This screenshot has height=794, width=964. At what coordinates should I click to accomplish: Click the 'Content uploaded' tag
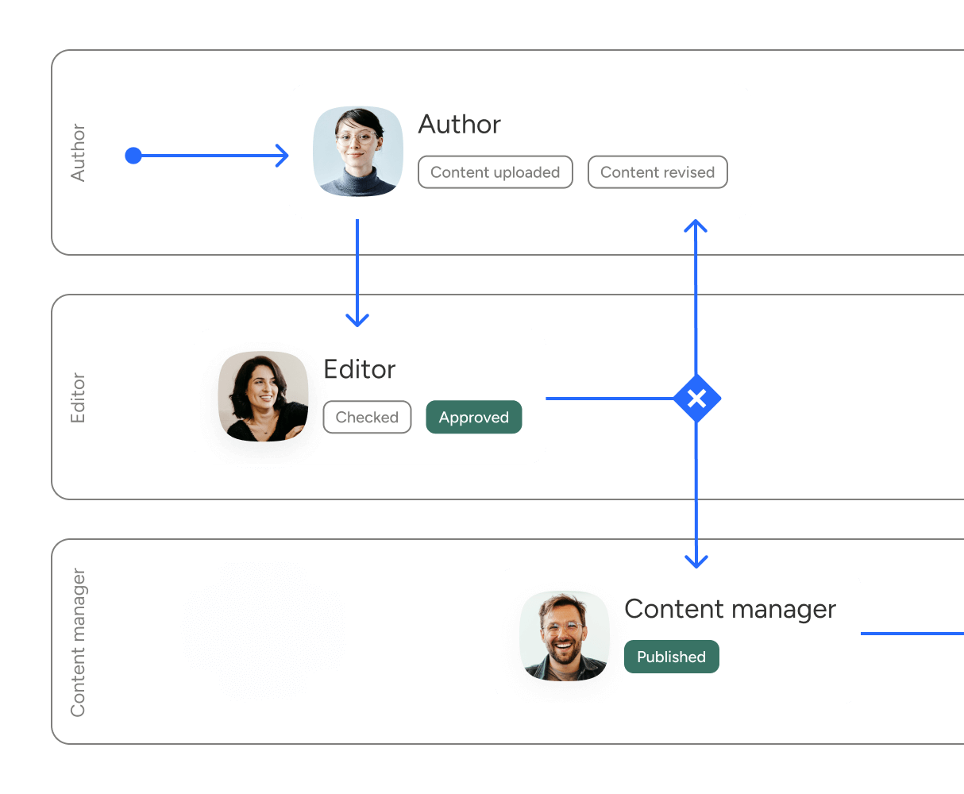point(495,172)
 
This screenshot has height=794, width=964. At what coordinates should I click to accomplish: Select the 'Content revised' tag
point(657,172)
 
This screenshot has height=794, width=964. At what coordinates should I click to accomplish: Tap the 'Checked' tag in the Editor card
point(367,418)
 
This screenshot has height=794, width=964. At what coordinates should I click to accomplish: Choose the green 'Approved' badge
point(474,418)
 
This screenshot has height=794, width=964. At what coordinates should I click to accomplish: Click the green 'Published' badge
point(671,657)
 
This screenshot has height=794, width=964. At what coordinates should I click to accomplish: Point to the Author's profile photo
point(358,152)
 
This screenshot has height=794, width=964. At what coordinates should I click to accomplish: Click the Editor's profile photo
point(264,397)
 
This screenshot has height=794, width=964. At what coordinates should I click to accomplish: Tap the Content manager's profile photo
point(565,635)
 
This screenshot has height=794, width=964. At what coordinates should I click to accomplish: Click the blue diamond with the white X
point(696,398)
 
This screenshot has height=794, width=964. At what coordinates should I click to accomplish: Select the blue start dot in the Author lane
point(133,156)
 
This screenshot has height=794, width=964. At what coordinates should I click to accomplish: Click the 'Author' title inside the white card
point(459,125)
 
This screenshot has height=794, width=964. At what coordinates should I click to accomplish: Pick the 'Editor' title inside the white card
point(359,369)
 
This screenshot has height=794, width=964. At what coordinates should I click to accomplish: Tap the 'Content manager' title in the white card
point(730,609)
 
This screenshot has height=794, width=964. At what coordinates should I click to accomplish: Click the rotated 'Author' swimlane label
point(78,152)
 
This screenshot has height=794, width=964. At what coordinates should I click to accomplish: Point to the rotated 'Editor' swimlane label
point(78,397)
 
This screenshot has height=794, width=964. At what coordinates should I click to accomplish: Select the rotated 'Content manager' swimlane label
point(78,642)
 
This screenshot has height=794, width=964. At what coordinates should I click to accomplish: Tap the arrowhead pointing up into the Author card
point(696,227)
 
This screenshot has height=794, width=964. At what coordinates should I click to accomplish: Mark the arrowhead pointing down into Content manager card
point(696,561)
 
